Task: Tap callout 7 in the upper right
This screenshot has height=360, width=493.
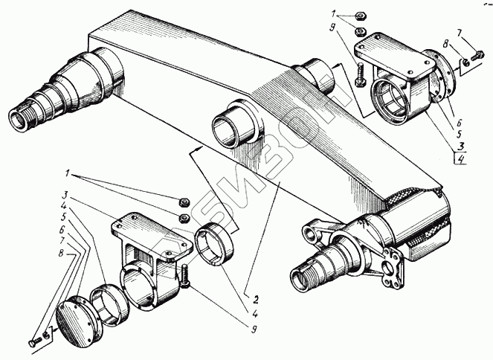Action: (460, 33)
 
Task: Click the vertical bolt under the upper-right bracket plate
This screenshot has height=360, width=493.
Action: (361, 74)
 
